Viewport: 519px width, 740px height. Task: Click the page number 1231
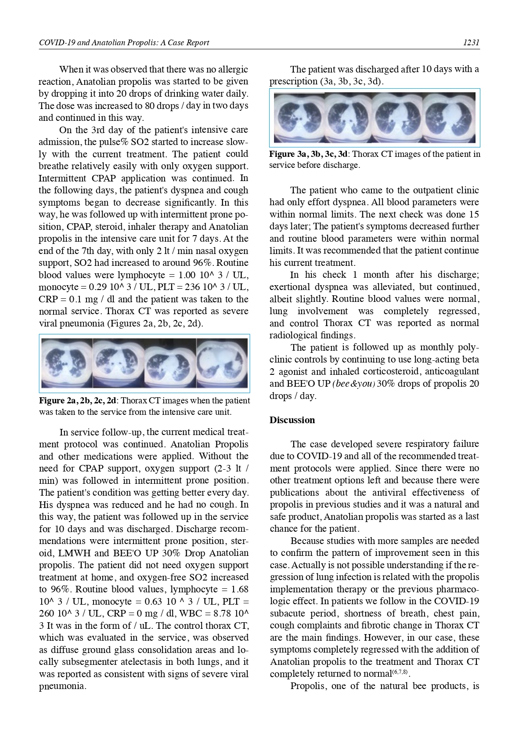click(x=471, y=43)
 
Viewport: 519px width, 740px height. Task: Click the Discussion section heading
click(x=292, y=420)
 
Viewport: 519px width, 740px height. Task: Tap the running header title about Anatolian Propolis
click(x=124, y=43)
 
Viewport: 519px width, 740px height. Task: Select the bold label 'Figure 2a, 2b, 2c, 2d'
click(x=78, y=400)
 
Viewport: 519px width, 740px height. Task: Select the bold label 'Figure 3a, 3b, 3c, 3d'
click(x=308, y=154)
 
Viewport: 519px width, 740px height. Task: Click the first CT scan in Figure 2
click(x=67, y=363)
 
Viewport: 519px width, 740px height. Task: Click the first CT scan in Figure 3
click(x=299, y=117)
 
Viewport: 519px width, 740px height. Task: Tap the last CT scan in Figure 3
click(x=449, y=117)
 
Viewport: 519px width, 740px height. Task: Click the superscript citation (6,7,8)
click(x=400, y=672)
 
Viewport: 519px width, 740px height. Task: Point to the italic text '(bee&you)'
click(x=353, y=384)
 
